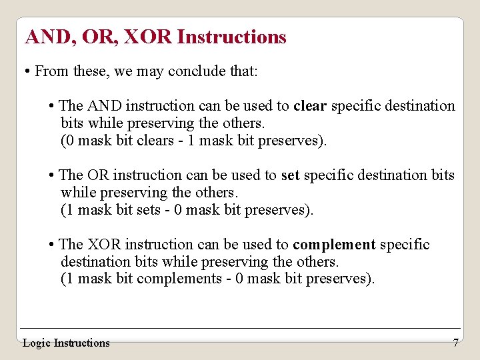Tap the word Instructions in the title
(231, 37)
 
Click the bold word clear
(310, 106)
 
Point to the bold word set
(290, 175)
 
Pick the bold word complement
(334, 245)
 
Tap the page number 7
(455, 343)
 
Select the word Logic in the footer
(37, 343)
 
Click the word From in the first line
(51, 71)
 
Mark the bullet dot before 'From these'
(25, 71)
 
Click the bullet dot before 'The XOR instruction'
(51, 245)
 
